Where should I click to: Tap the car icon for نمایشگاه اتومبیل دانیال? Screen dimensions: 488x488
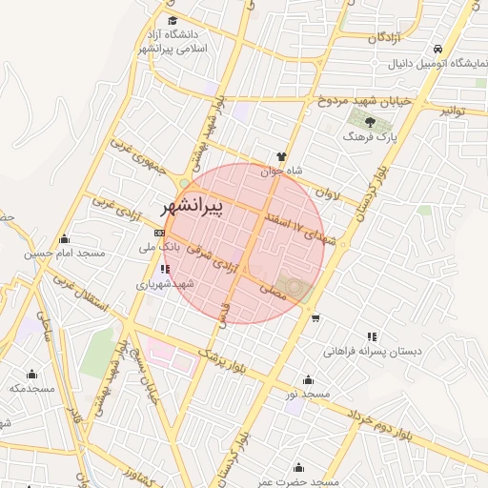(x=437, y=49)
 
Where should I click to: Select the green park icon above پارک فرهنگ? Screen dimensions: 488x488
(x=364, y=120)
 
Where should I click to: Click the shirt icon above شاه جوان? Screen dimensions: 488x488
(x=281, y=155)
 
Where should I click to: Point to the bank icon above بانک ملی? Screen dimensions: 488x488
(x=159, y=233)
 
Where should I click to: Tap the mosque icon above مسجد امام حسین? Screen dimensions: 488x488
(x=64, y=238)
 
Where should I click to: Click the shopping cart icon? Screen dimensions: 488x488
(x=315, y=318)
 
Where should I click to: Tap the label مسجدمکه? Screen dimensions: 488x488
(x=30, y=388)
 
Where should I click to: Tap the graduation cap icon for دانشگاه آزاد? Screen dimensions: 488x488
(x=172, y=20)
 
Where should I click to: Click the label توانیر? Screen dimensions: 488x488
(x=452, y=112)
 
